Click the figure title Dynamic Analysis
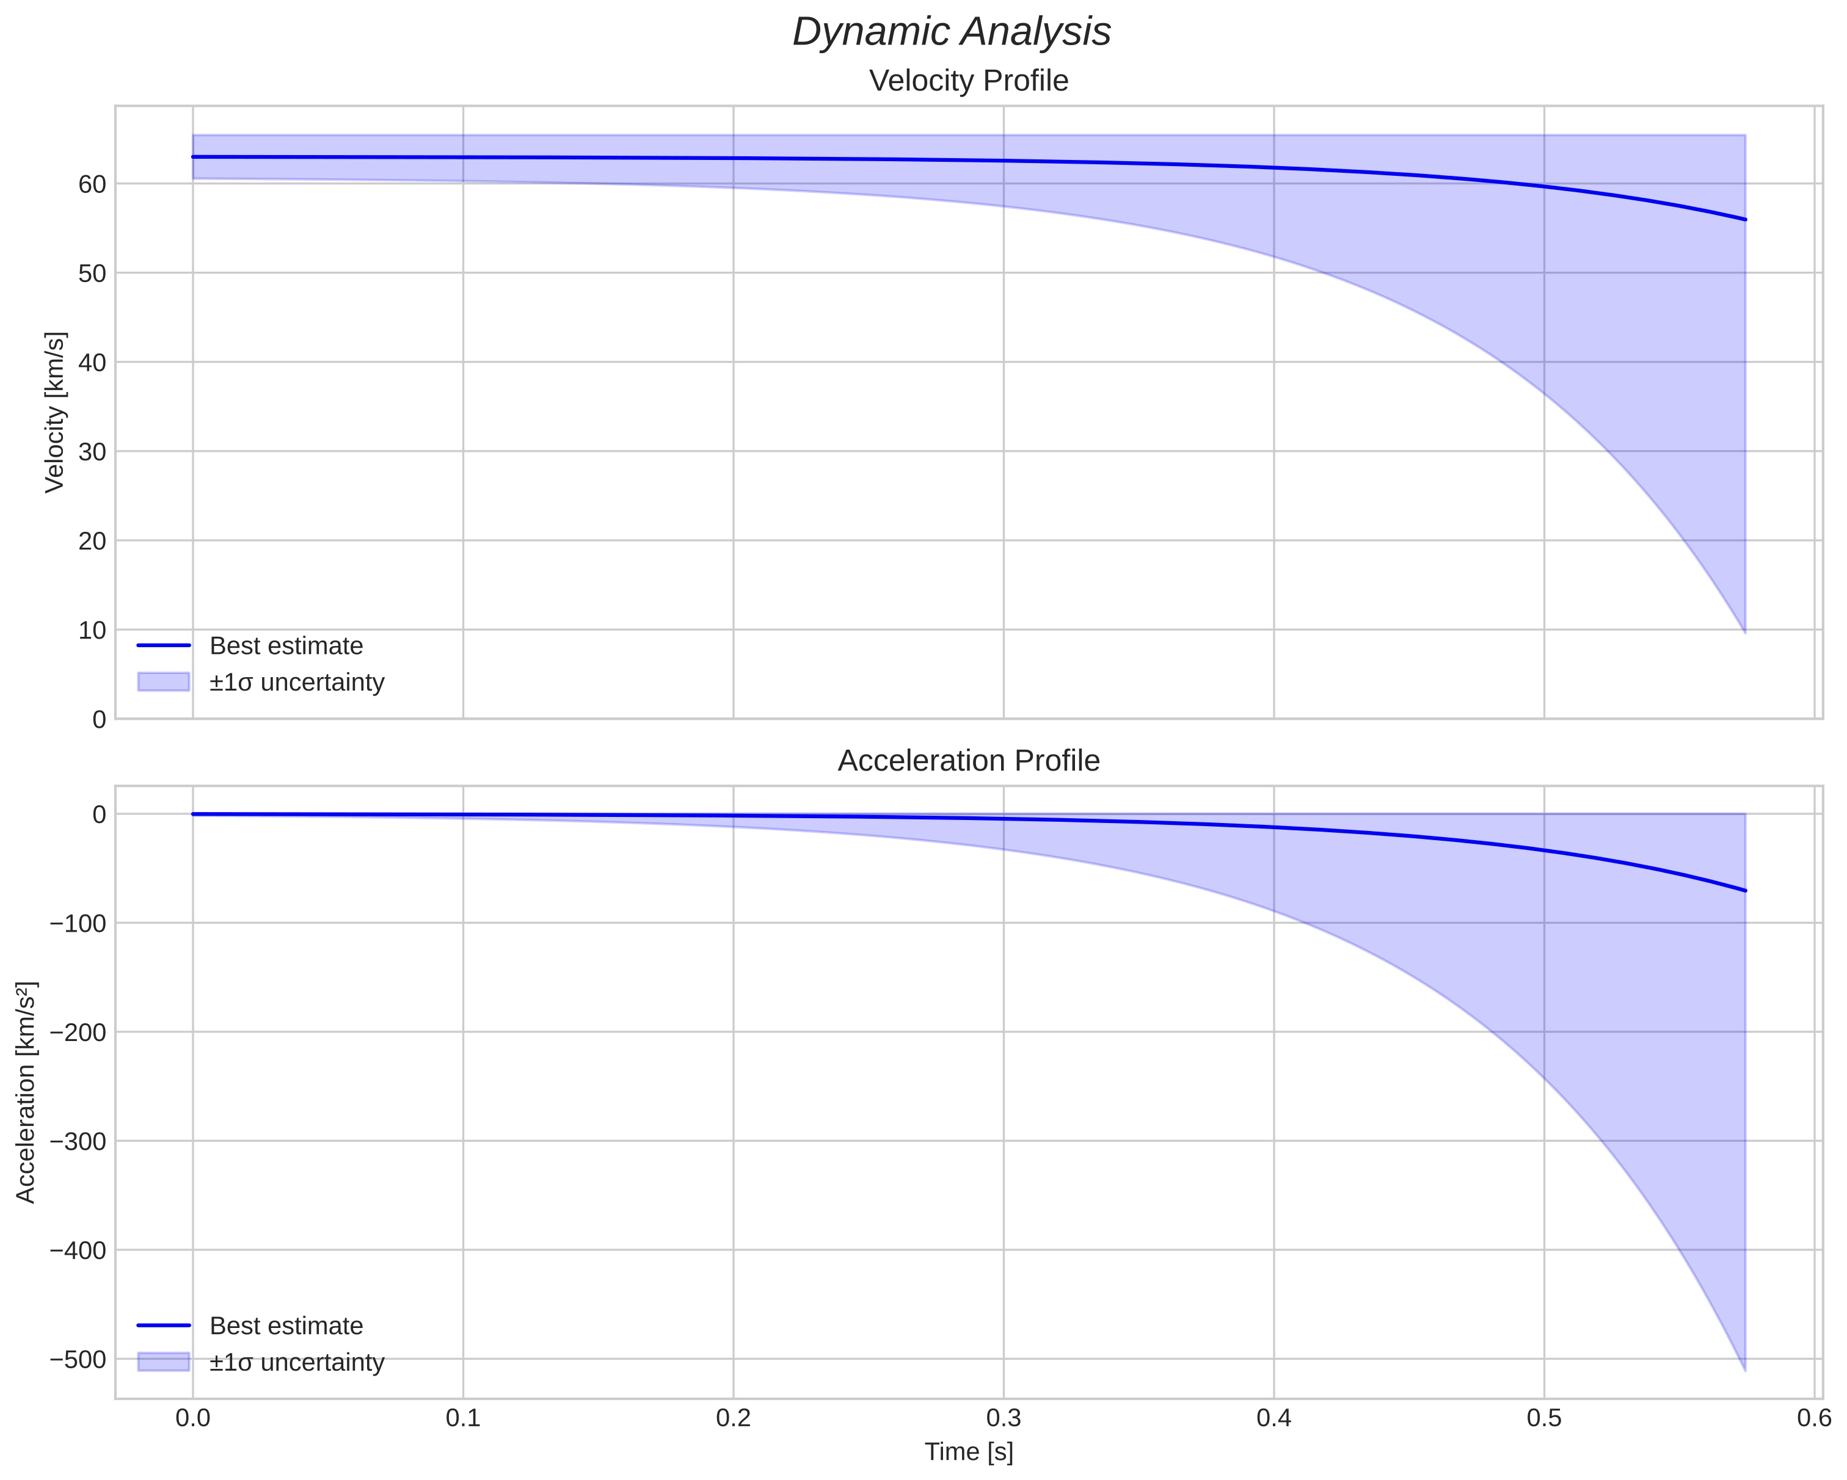(x=952, y=32)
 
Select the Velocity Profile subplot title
(x=969, y=81)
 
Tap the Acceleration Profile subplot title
(x=969, y=761)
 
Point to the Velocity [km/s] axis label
(x=55, y=412)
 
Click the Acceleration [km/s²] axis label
(x=26, y=1092)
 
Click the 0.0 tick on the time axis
(x=193, y=1418)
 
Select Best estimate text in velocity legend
(x=286, y=646)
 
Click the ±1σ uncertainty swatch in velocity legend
(x=162, y=682)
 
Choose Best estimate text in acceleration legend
(x=286, y=1326)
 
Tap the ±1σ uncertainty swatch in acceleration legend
(x=162, y=1362)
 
